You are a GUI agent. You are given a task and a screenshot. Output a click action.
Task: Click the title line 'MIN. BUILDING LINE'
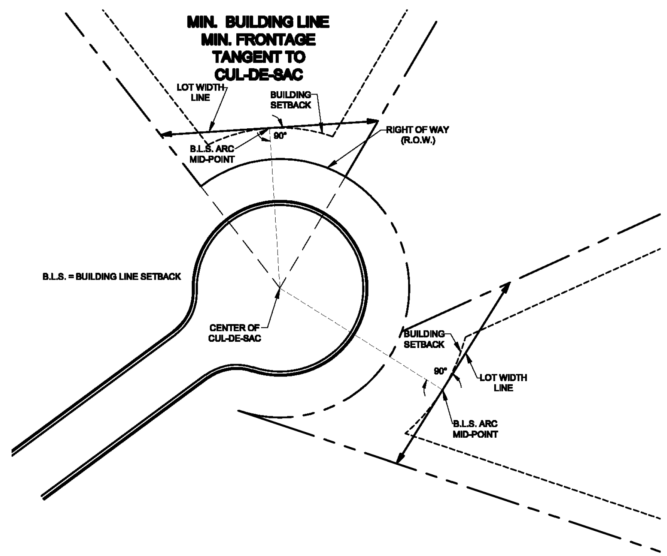pyautogui.click(x=258, y=22)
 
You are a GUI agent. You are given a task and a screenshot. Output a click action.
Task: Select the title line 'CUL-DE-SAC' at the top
pyautogui.click(x=258, y=74)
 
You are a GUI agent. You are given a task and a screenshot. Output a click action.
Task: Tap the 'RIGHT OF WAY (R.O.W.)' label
pyautogui.click(x=418, y=135)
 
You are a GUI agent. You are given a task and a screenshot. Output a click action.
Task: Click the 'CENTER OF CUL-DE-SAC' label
pyautogui.click(x=234, y=333)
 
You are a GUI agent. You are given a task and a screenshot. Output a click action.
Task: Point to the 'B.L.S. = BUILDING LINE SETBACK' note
pyautogui.click(x=111, y=277)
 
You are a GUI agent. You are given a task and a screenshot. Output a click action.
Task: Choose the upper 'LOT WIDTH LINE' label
pyautogui.click(x=200, y=92)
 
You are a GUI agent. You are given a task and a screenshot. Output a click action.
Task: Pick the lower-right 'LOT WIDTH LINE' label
pyautogui.click(x=503, y=383)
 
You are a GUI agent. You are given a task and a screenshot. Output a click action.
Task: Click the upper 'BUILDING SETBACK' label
pyautogui.click(x=290, y=100)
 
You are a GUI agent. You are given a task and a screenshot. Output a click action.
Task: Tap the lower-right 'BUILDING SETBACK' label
pyautogui.click(x=424, y=339)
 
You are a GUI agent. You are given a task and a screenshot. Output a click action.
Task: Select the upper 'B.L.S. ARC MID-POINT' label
pyautogui.click(x=212, y=154)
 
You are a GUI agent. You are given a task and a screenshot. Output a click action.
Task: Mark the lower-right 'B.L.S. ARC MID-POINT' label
pyautogui.click(x=475, y=429)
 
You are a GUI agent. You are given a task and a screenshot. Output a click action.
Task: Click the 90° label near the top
pyautogui.click(x=280, y=136)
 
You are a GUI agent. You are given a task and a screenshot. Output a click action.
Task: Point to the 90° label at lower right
pyautogui.click(x=440, y=371)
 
